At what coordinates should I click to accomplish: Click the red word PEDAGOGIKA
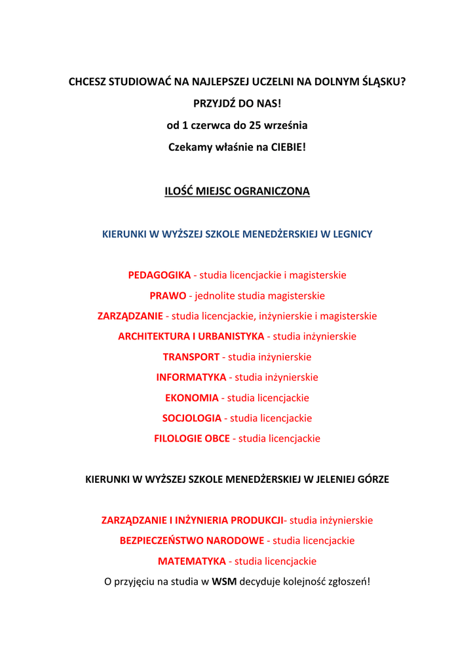(x=159, y=275)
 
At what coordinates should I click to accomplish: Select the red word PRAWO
(x=168, y=296)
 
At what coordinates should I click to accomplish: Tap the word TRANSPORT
(x=191, y=357)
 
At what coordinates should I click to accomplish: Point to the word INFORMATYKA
(x=191, y=377)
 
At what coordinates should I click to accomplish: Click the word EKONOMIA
(x=191, y=398)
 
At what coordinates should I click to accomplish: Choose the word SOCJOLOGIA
(x=191, y=418)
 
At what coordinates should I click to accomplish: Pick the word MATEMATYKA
(x=191, y=561)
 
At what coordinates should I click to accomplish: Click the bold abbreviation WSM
(x=224, y=581)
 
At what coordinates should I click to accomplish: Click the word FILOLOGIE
(x=177, y=438)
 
